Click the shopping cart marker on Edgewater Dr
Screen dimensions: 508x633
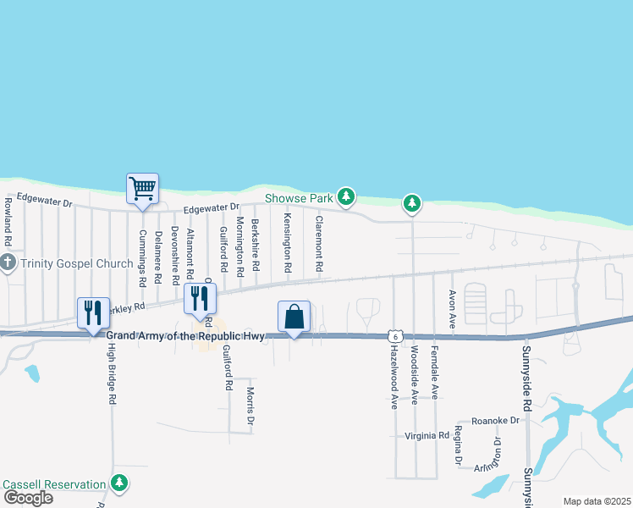pos(141,188)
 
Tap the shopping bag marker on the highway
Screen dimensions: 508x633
pos(294,317)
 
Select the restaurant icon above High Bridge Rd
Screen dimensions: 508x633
pos(93,312)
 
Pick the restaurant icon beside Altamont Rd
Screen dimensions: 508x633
pos(200,298)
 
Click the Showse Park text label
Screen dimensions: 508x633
pos(299,198)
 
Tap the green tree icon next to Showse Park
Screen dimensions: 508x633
pos(345,197)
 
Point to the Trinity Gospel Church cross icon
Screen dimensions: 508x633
pos(8,262)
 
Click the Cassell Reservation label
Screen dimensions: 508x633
pos(55,484)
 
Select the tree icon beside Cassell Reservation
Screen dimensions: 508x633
pos(120,483)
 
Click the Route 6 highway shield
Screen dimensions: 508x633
pos(394,336)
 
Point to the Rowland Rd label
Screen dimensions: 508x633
pos(8,217)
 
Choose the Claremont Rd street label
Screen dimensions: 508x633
pos(319,243)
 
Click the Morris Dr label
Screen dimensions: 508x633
pos(250,407)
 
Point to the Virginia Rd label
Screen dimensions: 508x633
pos(426,436)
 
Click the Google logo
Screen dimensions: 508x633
pos(27,498)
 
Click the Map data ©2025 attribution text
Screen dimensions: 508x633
pos(596,501)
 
